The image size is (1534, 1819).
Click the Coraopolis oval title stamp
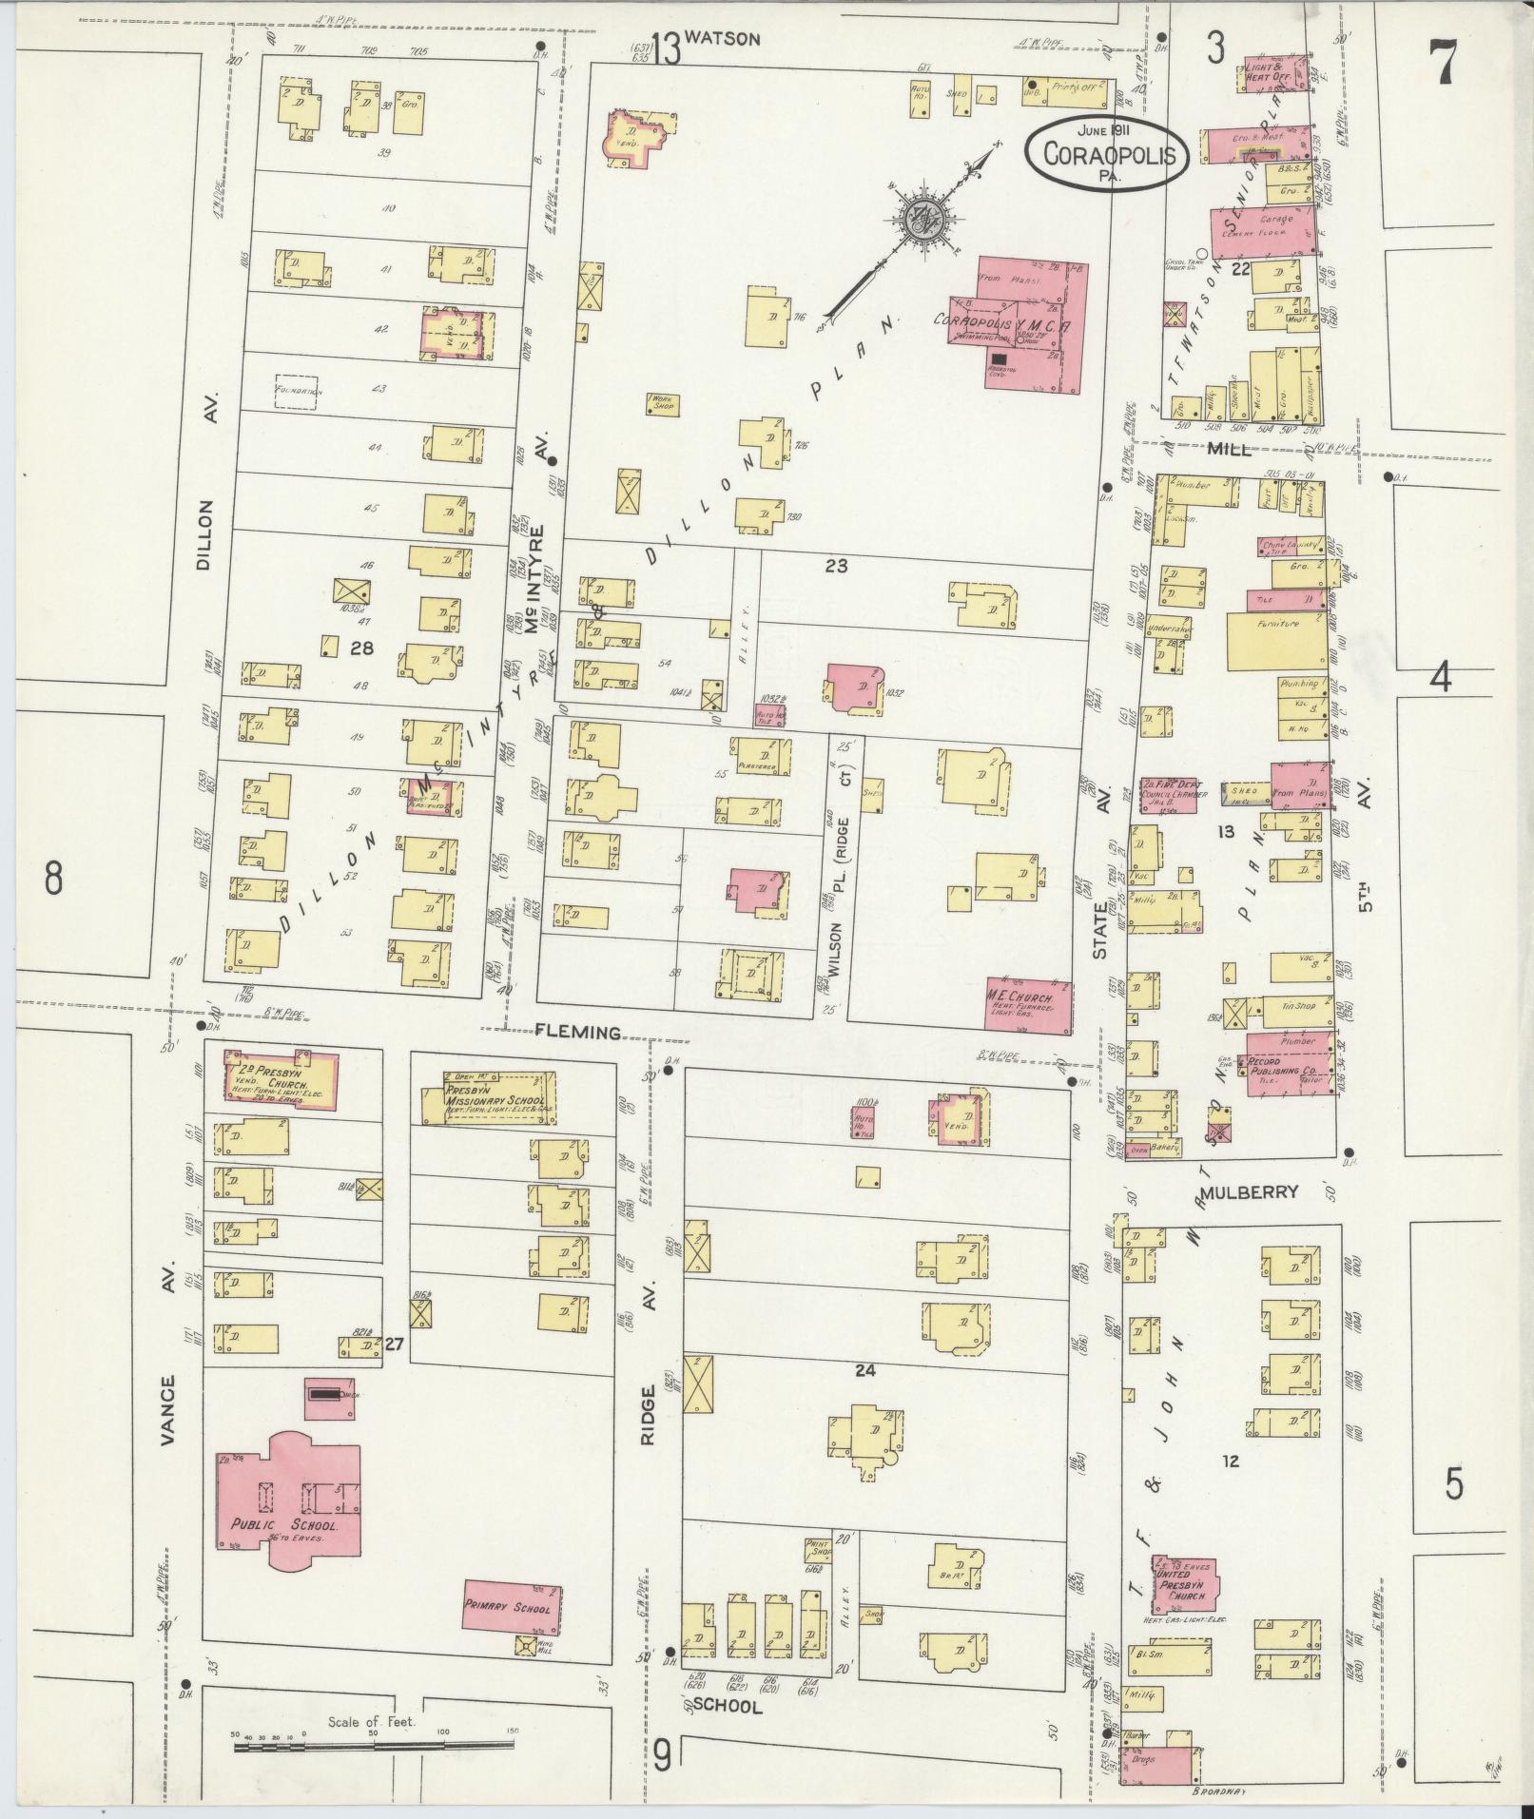pyautogui.click(x=1106, y=153)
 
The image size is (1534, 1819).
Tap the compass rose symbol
pyautogui.click(x=922, y=221)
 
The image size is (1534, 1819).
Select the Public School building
pyautogui.click(x=285, y=1512)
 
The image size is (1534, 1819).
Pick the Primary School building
pyautogui.click(x=512, y=1606)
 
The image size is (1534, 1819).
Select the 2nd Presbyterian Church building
pyautogui.click(x=280, y=1074)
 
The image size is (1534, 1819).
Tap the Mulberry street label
pyautogui.click(x=1249, y=1191)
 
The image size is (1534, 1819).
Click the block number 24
pyautogui.click(x=864, y=1370)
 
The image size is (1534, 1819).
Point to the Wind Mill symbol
pyautogui.click(x=524, y=1646)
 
